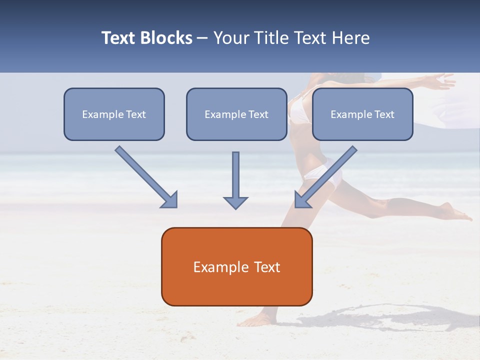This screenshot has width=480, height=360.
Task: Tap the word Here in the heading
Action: [x=352, y=38]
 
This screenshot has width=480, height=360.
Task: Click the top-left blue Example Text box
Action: [x=114, y=114]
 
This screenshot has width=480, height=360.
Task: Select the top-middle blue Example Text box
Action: [x=236, y=114]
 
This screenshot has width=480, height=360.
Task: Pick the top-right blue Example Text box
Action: [x=362, y=114]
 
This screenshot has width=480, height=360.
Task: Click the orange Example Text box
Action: [x=236, y=267]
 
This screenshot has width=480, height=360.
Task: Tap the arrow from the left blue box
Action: [x=145, y=176]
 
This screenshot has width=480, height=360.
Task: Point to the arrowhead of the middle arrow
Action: [x=235, y=202]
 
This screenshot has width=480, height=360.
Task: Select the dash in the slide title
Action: [x=202, y=38]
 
